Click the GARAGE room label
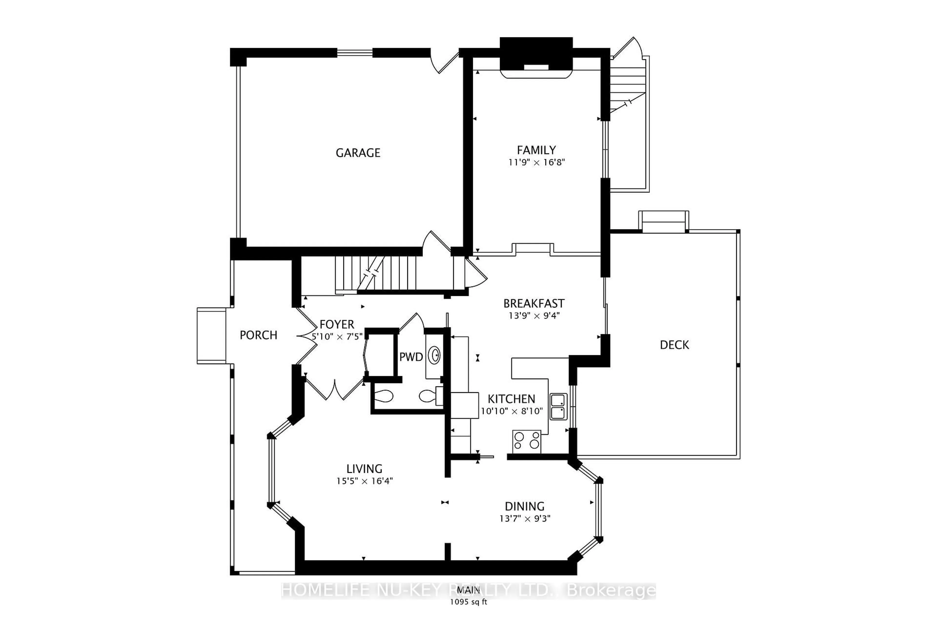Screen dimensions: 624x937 tap(358, 153)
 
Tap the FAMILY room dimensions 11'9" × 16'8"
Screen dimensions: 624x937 tap(536, 162)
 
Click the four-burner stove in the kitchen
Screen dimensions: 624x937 tap(526, 441)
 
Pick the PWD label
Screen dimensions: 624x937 tap(411, 357)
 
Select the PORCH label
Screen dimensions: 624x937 tap(258, 335)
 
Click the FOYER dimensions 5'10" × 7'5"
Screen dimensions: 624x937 tap(337, 337)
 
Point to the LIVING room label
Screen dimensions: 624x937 tap(364, 469)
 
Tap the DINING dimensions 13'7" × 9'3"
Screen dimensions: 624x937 tap(525, 518)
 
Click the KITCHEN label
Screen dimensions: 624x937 tap(511, 399)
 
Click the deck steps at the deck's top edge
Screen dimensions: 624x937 tap(663, 222)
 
